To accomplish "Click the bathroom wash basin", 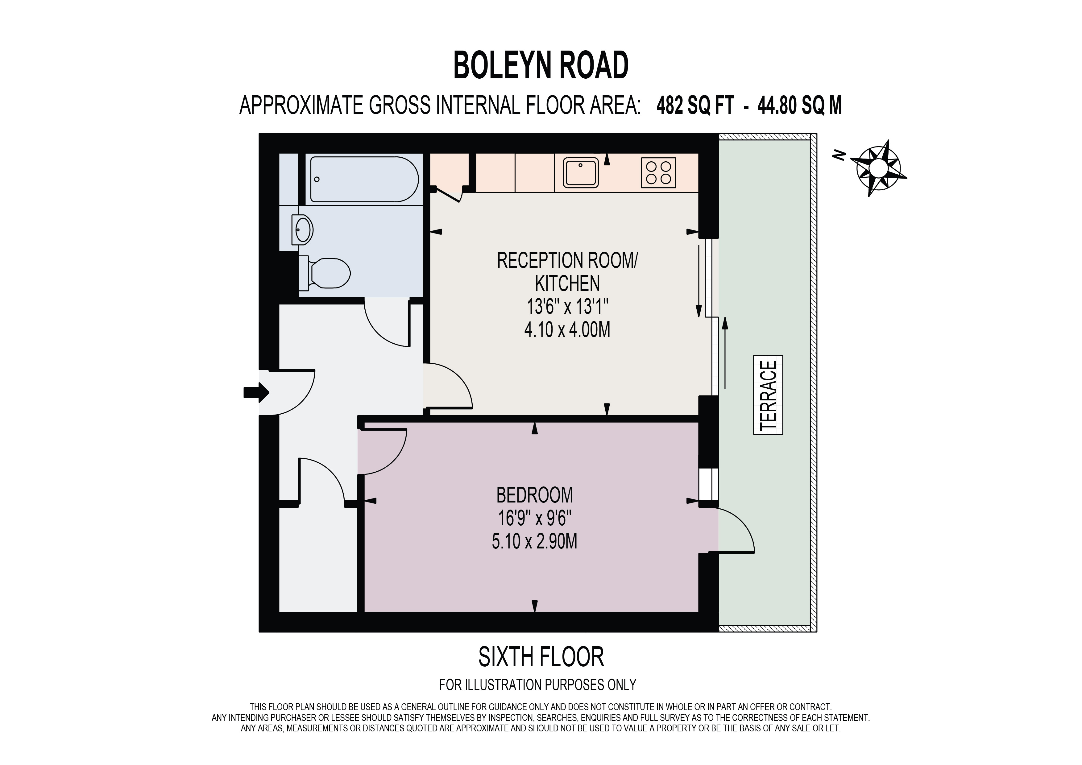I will [302, 230].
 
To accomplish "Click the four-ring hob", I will [658, 172].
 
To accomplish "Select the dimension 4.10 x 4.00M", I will [567, 330].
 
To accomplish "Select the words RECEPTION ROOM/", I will [567, 260].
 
